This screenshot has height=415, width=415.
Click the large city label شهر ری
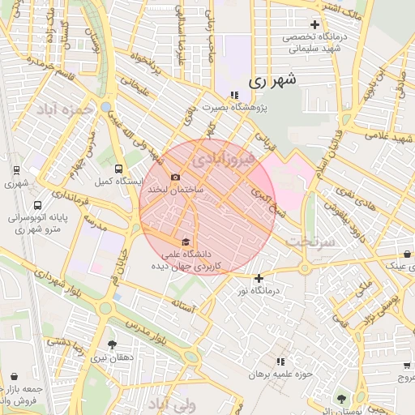point(270,80)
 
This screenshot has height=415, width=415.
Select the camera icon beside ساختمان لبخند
point(175,178)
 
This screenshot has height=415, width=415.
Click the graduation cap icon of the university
point(186,242)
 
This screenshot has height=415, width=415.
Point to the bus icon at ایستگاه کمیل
point(119,169)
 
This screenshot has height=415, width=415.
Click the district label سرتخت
point(311,242)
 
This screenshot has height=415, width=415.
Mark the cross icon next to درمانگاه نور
point(259,279)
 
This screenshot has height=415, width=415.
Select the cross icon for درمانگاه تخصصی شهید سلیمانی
point(314,25)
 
